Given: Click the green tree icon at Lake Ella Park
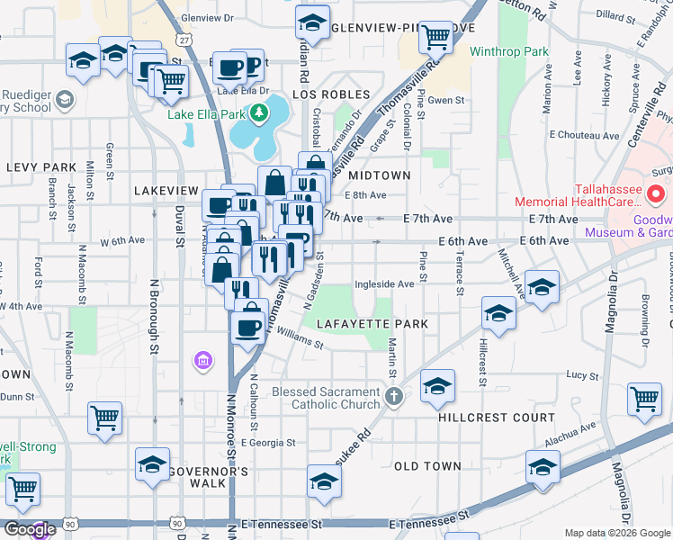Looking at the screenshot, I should coord(260,112).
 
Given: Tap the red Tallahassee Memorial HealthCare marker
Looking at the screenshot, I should coord(656,193).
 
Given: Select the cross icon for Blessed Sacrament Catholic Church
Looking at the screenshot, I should coord(393,396).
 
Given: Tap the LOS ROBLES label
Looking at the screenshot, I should coord(331,94).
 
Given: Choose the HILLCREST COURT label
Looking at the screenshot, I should coord(497,418).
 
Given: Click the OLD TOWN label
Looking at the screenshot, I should coord(427,466).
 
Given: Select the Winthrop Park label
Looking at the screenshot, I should coord(509,51).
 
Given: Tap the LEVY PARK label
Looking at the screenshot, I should coord(41,167).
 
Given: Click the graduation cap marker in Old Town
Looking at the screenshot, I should coord(543,466).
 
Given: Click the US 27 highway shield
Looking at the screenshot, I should coord(184,41).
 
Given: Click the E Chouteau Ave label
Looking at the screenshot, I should coord(584,136).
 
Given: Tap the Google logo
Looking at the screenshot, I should coord(29,529).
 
